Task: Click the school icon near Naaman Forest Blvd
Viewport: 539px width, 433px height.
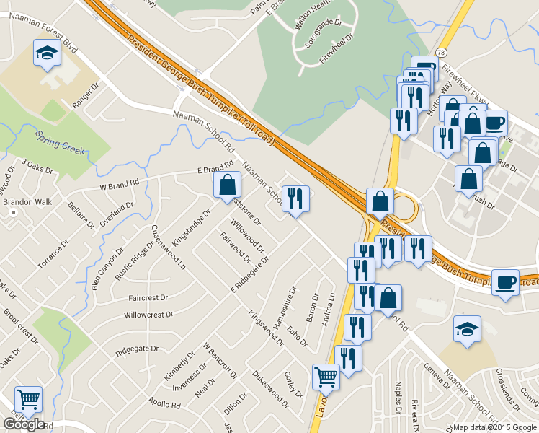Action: (48, 54)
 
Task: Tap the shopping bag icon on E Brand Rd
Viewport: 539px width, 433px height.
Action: (227, 185)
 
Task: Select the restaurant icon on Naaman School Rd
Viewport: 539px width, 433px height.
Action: (295, 198)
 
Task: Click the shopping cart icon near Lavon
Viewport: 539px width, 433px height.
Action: (326, 377)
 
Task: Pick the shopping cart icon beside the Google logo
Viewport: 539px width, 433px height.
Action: (28, 398)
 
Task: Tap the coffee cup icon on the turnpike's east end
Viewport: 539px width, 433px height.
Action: (505, 283)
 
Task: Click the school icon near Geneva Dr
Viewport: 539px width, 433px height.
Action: (467, 329)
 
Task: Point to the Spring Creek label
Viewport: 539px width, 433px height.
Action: (61, 142)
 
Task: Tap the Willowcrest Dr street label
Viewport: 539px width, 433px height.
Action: (149, 315)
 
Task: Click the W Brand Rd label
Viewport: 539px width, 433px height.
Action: (119, 185)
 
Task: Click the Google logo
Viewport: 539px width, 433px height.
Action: (24, 424)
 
